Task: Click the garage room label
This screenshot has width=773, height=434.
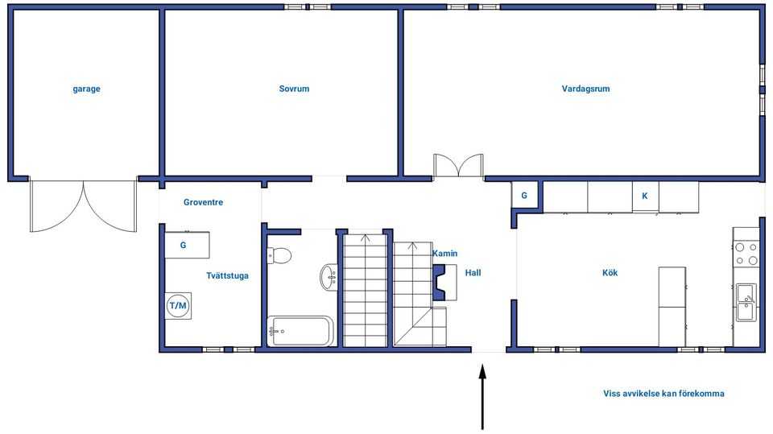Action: (x=86, y=89)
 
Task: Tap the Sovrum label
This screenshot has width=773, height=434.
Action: (x=295, y=89)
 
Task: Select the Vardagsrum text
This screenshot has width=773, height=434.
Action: (x=585, y=89)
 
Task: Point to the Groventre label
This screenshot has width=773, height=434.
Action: (x=203, y=202)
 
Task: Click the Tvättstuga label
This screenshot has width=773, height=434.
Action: (x=227, y=275)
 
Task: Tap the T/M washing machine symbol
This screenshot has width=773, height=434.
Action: (x=178, y=306)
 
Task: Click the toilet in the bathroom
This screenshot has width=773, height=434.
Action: (x=279, y=255)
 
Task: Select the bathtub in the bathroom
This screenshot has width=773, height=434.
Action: (x=300, y=331)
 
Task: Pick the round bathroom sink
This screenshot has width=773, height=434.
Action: (x=329, y=278)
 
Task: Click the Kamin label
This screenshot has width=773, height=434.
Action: (x=444, y=254)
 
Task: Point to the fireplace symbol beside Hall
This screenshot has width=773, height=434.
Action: (x=444, y=282)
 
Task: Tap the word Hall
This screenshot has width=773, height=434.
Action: (x=473, y=273)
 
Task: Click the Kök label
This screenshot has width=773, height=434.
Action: (x=610, y=273)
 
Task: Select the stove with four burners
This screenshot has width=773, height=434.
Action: (x=746, y=254)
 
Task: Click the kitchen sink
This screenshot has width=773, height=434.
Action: (x=746, y=302)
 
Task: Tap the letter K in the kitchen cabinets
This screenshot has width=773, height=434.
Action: (x=644, y=196)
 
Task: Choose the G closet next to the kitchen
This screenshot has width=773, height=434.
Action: (x=524, y=196)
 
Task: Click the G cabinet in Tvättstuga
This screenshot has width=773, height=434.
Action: (x=187, y=245)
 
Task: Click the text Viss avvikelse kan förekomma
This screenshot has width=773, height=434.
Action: (x=663, y=394)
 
